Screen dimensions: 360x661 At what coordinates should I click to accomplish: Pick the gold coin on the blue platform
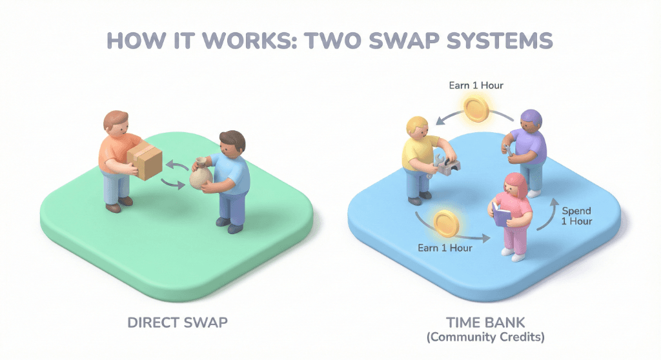click(x=445, y=223)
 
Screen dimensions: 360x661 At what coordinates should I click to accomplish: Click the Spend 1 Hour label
click(x=577, y=216)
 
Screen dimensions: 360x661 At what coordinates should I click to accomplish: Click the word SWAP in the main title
click(x=411, y=40)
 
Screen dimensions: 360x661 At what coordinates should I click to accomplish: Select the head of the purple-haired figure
click(x=531, y=121)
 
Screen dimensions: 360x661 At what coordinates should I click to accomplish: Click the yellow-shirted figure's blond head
click(x=417, y=128)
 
